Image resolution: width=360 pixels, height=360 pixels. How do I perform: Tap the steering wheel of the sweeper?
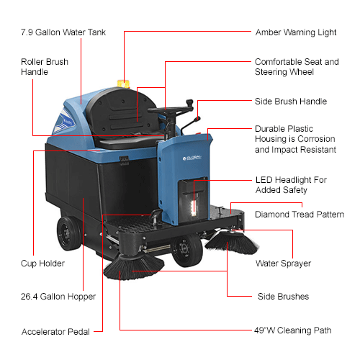[174, 110]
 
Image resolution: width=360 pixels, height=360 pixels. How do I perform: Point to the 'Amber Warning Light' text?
[295, 33]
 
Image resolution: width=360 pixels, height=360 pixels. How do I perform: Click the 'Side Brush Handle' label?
[291, 102]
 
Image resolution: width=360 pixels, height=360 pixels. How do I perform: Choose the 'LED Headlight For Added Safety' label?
[292, 184]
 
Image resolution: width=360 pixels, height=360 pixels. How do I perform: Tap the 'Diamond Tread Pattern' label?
[300, 215]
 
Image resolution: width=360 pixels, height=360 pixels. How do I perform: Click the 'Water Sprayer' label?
[283, 264]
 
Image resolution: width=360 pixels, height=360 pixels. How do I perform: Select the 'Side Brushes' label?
[283, 296]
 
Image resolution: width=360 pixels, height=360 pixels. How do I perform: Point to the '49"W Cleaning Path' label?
[293, 330]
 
